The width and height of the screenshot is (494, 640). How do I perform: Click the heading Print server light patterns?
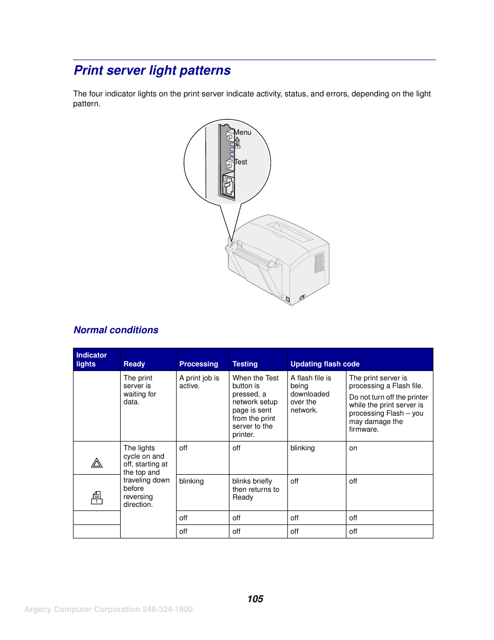tap(152, 70)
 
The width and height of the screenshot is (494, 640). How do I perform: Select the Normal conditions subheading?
tap(116, 330)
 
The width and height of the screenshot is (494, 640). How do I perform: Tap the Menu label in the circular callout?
tap(243, 133)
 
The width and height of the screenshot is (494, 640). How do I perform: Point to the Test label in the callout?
tap(241, 162)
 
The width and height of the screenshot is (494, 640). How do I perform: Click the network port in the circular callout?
tap(228, 186)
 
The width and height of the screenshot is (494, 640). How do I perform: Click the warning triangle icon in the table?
tap(97, 463)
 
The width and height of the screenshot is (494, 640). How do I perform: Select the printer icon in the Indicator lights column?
tap(97, 498)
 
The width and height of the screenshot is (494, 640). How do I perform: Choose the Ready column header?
tap(134, 364)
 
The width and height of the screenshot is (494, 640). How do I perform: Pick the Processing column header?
tap(198, 364)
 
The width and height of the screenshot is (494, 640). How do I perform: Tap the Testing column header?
tap(245, 364)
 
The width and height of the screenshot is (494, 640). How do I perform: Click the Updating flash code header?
tap(325, 364)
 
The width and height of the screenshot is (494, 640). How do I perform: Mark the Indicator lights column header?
tap(92, 359)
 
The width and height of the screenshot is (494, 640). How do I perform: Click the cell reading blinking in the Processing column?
tap(192, 481)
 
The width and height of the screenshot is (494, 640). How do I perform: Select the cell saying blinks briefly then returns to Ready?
tap(256, 489)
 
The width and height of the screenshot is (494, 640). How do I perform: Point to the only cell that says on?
tap(353, 448)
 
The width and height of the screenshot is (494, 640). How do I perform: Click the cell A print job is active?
tap(199, 382)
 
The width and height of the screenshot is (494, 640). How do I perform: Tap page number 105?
tap(255, 599)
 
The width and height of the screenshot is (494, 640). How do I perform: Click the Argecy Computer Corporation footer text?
tap(108, 609)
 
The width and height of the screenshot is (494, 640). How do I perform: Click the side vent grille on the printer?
tap(319, 262)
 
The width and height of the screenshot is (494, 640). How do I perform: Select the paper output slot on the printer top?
tap(290, 232)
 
